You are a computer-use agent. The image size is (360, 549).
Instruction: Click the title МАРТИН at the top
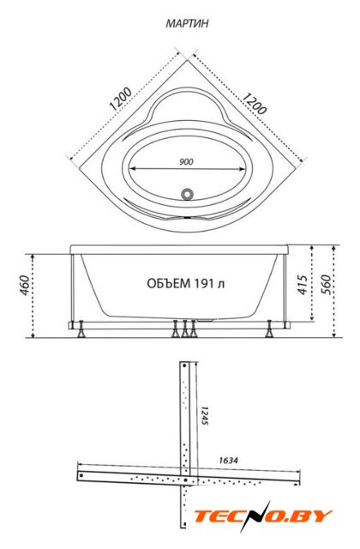click(187, 23)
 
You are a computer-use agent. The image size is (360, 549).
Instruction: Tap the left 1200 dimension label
click(120, 99)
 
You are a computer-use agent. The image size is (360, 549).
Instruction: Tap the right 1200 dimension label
click(255, 103)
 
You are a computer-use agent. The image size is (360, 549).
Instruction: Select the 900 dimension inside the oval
click(186, 162)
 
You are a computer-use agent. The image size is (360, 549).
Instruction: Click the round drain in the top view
click(187, 194)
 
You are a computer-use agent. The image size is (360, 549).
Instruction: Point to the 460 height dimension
click(24, 286)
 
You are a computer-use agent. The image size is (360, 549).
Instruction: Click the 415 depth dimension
click(302, 284)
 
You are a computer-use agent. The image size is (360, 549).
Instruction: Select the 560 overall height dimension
click(326, 284)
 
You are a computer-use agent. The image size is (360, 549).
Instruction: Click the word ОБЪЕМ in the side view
click(165, 283)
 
